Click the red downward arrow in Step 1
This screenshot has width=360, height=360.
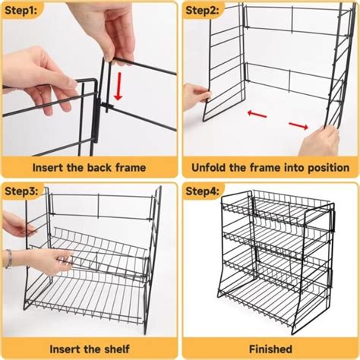pos(118,90)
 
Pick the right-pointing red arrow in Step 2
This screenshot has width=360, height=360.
pos(298,124)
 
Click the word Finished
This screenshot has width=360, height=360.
pos(269,348)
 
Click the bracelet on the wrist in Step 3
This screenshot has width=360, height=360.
pos(9,258)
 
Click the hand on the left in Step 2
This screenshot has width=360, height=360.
pos(195,97)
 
